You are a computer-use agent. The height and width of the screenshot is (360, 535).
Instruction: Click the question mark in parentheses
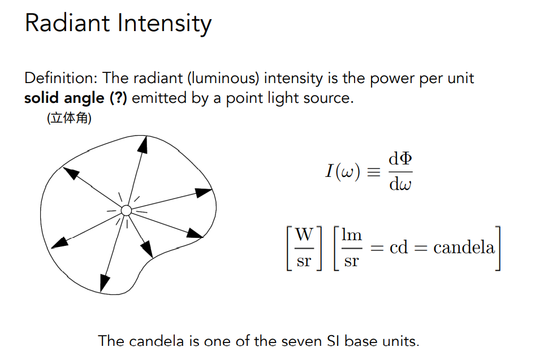[x=118, y=98]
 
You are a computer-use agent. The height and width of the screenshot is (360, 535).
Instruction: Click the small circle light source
[x=127, y=211]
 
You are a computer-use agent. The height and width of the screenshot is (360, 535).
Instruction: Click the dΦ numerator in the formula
[x=400, y=160]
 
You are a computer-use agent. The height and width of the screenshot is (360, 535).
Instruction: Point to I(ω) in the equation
[x=343, y=172]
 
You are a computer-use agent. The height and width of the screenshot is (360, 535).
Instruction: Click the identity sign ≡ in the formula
[x=374, y=172]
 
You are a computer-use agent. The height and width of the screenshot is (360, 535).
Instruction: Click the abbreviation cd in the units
[x=399, y=248]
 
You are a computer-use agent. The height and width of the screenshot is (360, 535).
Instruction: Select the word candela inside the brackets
[x=464, y=248]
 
